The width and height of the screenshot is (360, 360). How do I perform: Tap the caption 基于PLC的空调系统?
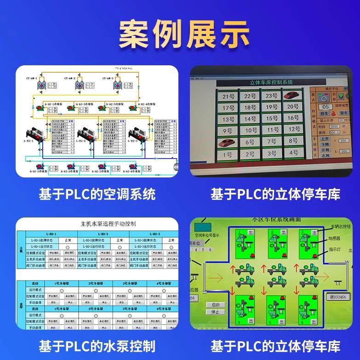[97, 194]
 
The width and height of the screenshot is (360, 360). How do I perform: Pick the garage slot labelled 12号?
[291, 141]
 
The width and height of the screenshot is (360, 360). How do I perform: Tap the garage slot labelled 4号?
[291, 153]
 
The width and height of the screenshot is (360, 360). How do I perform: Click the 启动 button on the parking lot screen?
[215, 305]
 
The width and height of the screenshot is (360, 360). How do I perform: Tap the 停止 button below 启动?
[215, 312]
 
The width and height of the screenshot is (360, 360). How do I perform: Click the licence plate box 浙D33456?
[341, 297]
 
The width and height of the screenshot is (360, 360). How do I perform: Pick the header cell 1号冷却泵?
[62, 284]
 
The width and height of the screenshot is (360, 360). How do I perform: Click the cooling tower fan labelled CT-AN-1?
[40, 86]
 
